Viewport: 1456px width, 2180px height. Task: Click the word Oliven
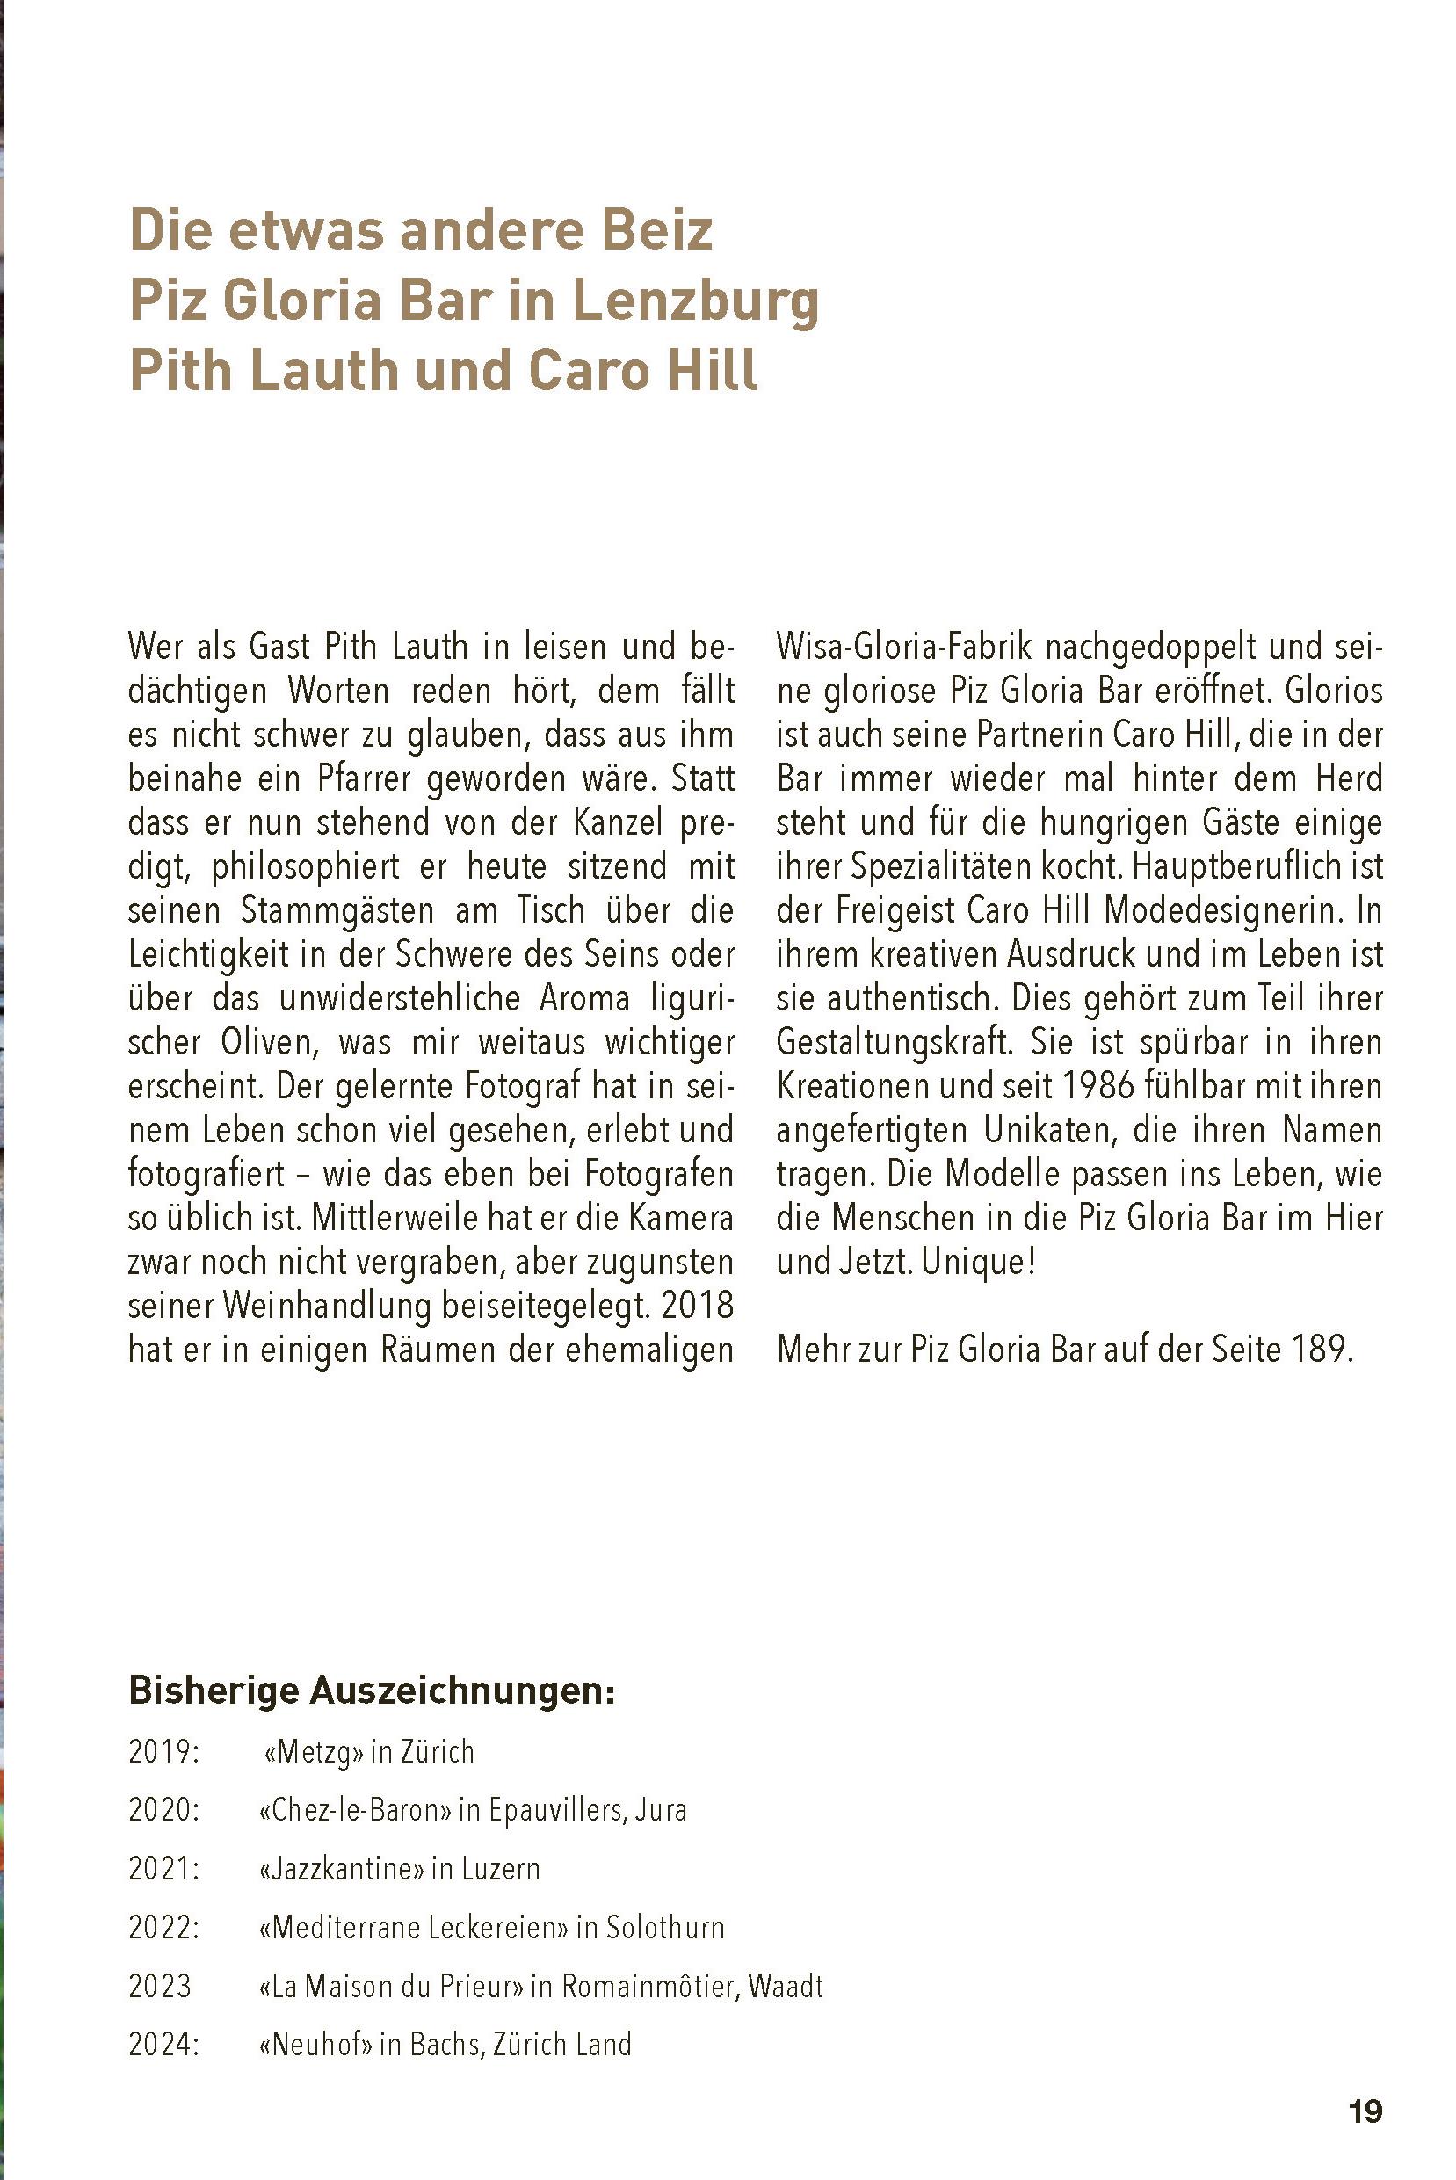coord(268,1042)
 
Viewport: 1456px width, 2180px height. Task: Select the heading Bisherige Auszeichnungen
coord(372,1689)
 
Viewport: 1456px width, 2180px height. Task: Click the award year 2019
coord(163,1752)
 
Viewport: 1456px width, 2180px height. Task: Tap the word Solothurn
coord(665,1927)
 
